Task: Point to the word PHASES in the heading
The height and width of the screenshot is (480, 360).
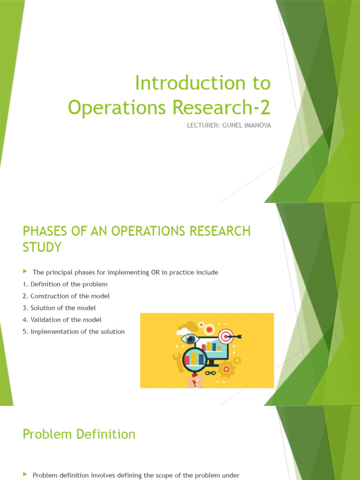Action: (x=44, y=231)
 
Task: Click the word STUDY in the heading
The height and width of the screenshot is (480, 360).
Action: (x=42, y=247)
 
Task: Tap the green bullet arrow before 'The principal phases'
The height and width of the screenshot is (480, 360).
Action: (x=25, y=272)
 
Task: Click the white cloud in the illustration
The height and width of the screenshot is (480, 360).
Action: (x=184, y=331)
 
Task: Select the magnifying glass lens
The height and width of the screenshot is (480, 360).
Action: (x=195, y=360)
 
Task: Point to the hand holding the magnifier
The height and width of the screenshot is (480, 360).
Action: (x=195, y=382)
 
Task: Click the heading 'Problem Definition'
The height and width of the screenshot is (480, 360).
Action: (x=79, y=434)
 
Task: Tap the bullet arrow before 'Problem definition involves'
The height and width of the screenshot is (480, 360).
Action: (x=25, y=475)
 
